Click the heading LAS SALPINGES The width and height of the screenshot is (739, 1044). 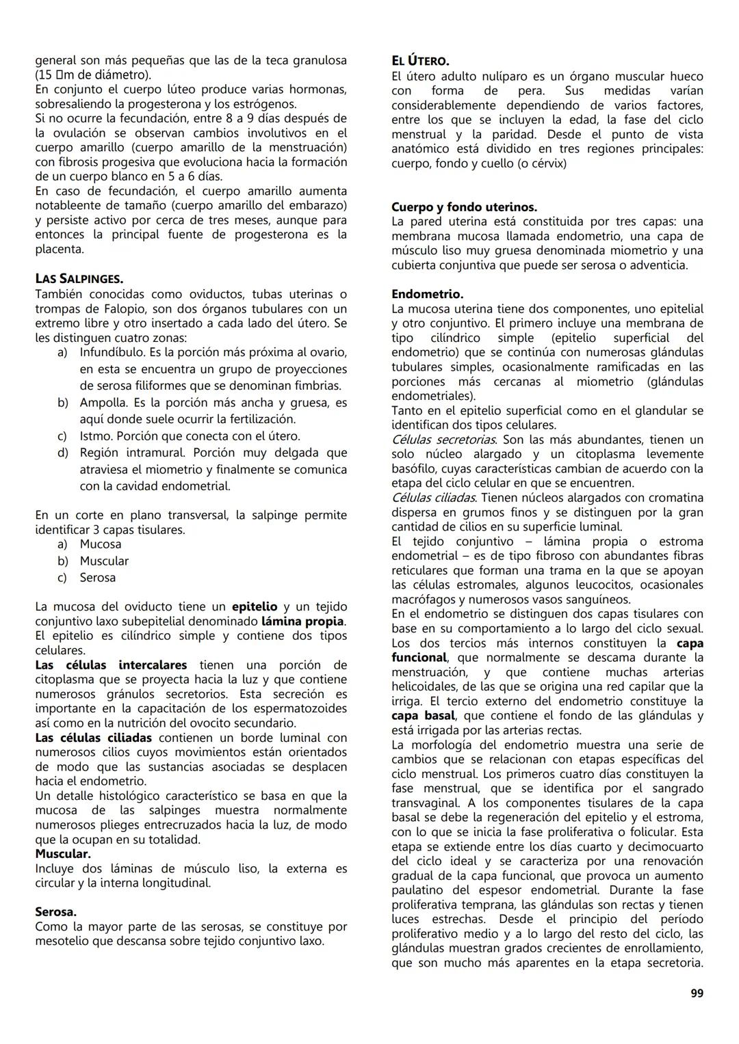point(79,279)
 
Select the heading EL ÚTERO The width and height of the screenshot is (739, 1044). point(420,61)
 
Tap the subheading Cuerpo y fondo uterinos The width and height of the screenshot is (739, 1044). point(464,206)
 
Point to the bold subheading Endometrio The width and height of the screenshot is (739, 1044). point(427,294)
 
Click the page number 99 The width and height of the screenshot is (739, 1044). point(697,993)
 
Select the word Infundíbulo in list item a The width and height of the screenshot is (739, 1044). point(112,352)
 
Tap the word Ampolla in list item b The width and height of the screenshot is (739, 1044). point(103,403)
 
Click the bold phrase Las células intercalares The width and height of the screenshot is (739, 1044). point(111,665)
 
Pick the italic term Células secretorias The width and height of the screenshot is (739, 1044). point(444,440)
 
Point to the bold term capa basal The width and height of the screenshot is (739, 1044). point(423,716)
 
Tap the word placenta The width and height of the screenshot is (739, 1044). point(60,250)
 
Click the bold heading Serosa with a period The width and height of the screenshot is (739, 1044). point(55,912)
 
